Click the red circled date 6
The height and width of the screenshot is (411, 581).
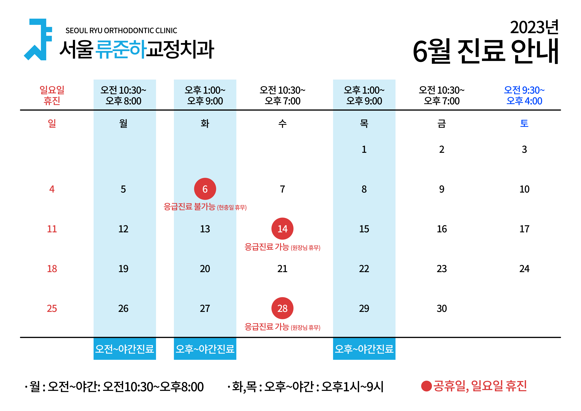(205, 189)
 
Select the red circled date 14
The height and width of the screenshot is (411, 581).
(282, 229)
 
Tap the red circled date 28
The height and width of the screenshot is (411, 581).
(282, 308)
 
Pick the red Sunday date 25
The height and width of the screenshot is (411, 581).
(52, 308)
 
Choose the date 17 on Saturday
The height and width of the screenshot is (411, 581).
(524, 229)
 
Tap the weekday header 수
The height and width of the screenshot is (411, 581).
(282, 124)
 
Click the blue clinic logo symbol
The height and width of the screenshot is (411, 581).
(38, 39)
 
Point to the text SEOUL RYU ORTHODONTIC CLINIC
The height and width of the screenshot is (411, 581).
(121, 31)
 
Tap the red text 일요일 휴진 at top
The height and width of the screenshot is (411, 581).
(52, 95)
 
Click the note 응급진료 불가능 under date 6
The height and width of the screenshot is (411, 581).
(189, 207)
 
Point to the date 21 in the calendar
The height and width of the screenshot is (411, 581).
(282, 269)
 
